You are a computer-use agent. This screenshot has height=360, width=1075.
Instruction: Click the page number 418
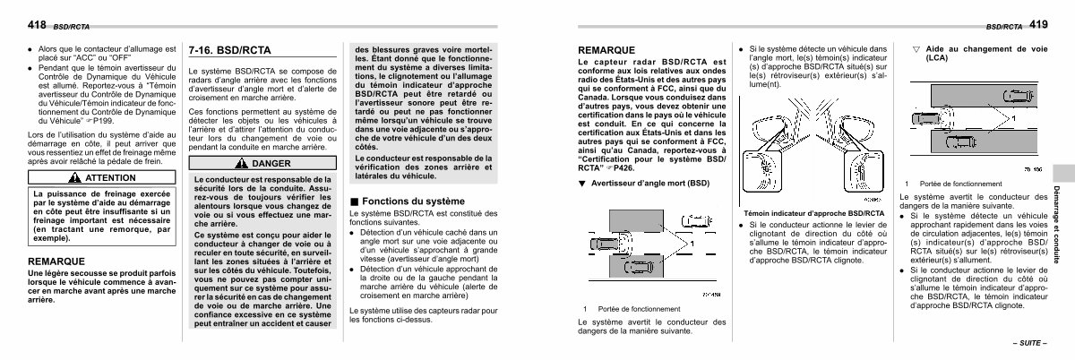click(16, 26)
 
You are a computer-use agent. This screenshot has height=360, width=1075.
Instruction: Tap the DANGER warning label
click(265, 164)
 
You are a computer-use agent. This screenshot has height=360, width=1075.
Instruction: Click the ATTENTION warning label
click(110, 178)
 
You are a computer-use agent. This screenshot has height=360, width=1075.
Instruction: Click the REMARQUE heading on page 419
click(606, 50)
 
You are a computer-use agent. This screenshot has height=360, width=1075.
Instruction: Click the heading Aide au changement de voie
click(972, 51)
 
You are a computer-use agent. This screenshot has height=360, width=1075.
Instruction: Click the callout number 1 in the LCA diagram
click(1014, 117)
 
